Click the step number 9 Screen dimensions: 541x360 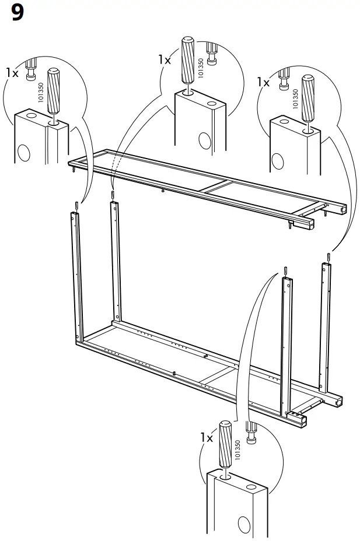(17, 13)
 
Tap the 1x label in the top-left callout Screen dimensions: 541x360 (12, 73)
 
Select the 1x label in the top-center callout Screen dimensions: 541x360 (165, 59)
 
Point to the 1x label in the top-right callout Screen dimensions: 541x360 (264, 83)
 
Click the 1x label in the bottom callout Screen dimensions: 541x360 (206, 437)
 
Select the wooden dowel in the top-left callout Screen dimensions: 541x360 (53, 90)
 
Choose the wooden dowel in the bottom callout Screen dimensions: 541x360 (224, 444)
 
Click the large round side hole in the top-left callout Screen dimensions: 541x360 (24, 152)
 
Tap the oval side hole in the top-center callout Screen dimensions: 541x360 (204, 140)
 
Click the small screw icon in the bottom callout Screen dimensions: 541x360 (252, 433)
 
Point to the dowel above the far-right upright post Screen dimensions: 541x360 (330, 257)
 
